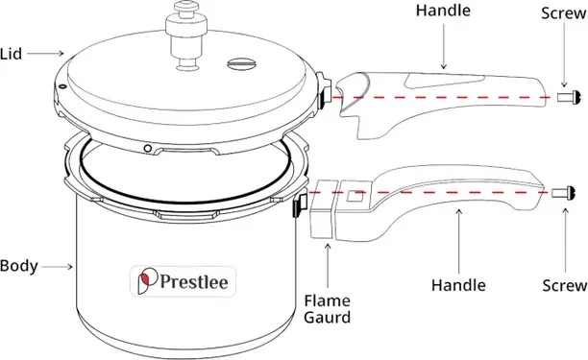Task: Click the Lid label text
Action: tap(11, 54)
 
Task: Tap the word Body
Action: tap(19, 266)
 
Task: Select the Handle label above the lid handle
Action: tap(443, 11)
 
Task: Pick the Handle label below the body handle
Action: tap(458, 285)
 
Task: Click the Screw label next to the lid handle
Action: tap(564, 13)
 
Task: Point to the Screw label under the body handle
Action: tap(564, 285)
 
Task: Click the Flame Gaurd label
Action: tap(327, 309)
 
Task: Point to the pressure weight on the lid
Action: tap(186, 36)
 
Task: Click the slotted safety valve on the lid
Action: tap(242, 63)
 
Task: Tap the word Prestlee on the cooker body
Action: tap(194, 281)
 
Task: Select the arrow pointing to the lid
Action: tap(45, 54)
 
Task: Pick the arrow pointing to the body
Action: tap(57, 267)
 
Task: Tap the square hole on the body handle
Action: tap(355, 196)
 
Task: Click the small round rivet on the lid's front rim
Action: tap(148, 149)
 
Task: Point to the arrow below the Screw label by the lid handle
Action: tap(564, 56)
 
